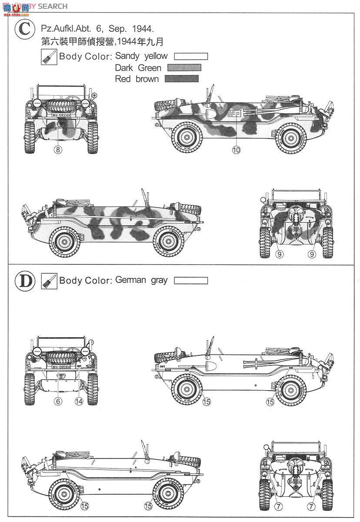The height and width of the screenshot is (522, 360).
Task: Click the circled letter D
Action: point(25,281)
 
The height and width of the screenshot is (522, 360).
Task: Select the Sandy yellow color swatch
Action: point(190,57)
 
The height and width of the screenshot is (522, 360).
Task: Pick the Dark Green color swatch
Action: point(184,68)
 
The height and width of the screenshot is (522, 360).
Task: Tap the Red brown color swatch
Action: point(182,79)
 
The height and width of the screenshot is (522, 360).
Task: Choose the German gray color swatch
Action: point(190,281)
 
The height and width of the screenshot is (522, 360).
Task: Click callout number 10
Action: point(236,150)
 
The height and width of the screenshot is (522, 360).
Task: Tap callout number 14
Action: point(79,402)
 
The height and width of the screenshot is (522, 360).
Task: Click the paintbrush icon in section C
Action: point(49,57)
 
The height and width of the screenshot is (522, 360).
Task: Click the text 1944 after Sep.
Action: point(143,29)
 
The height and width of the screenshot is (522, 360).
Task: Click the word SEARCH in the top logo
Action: point(53,6)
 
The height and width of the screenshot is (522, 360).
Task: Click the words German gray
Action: point(141,280)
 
